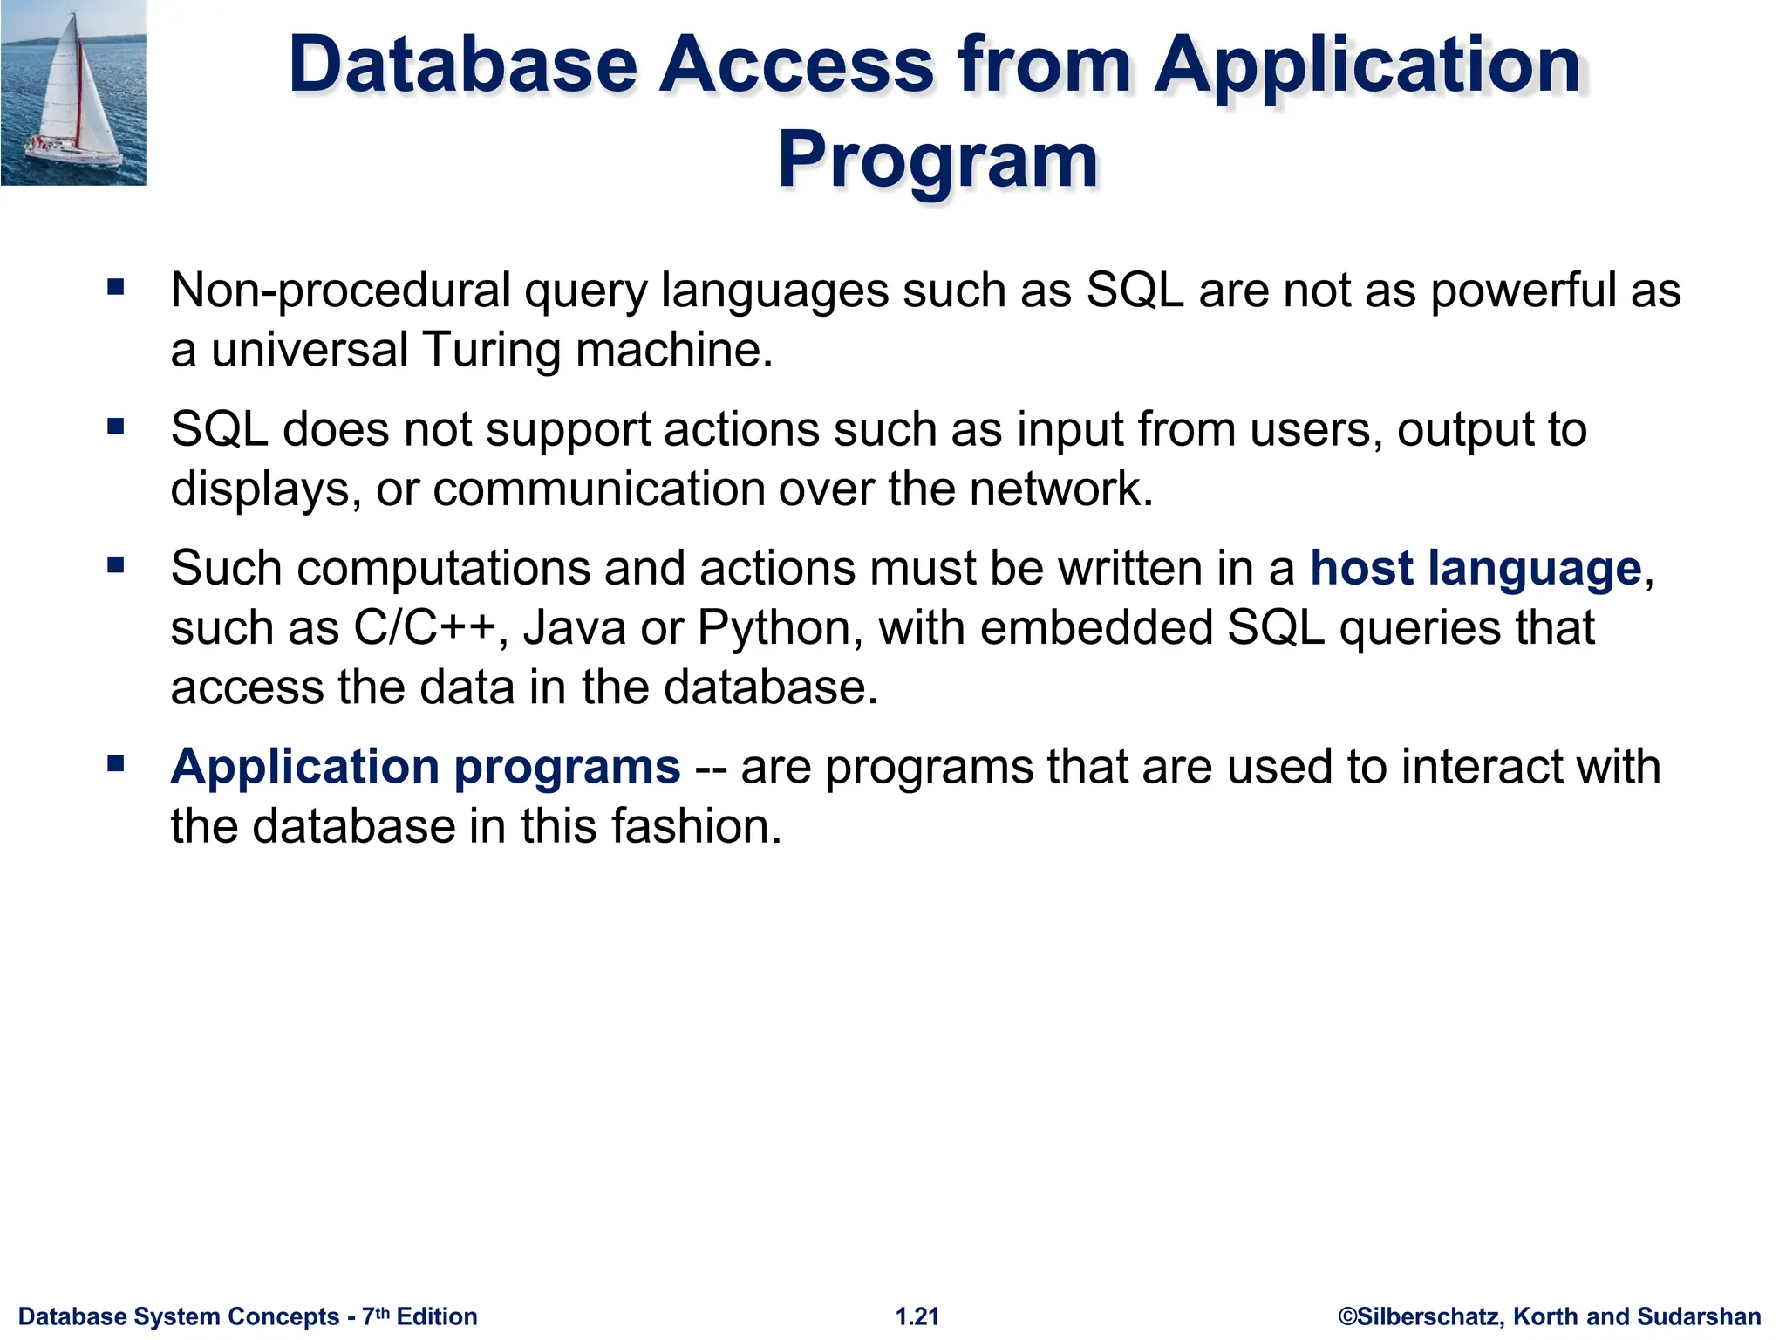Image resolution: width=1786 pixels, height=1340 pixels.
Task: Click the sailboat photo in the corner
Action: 73,92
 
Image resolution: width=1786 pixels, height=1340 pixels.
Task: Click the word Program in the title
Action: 937,160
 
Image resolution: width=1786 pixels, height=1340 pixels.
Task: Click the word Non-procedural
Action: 341,291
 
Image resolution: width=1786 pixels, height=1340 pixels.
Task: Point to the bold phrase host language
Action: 1476,569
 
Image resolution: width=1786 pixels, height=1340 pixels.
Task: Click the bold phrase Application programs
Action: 426,768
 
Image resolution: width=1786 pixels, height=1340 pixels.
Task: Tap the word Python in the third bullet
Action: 773,628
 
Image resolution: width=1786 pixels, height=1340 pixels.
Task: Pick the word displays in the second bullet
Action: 260,489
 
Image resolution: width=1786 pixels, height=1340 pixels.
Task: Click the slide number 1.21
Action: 917,1316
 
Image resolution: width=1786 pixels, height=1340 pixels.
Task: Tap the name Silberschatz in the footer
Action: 1430,1316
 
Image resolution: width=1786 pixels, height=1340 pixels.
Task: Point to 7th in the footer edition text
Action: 376,1315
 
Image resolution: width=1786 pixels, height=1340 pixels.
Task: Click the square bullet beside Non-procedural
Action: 116,287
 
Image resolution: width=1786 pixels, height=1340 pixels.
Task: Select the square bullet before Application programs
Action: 116,764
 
